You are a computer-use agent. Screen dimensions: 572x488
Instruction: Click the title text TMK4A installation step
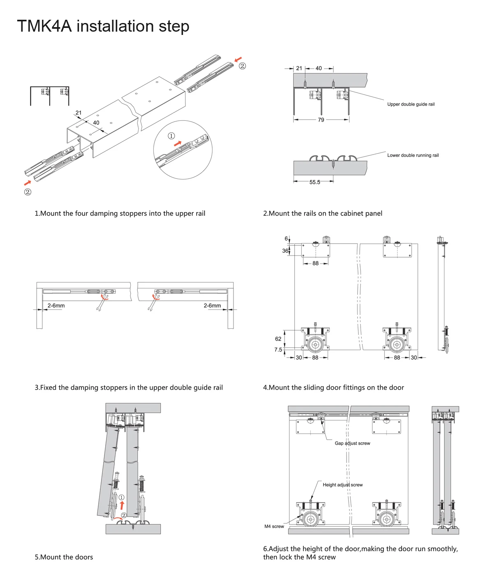(x=103, y=26)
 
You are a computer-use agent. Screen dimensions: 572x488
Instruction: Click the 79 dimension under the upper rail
(x=321, y=120)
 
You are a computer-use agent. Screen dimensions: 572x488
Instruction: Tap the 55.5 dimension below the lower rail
(x=315, y=182)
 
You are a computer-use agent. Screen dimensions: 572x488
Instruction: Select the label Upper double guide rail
(x=410, y=104)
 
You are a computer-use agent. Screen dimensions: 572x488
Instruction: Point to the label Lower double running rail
(x=413, y=155)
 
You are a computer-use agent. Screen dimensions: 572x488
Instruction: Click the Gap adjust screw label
(x=352, y=443)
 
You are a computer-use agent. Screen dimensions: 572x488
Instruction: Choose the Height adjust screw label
(x=342, y=485)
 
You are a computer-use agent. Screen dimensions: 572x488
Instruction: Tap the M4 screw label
(x=274, y=526)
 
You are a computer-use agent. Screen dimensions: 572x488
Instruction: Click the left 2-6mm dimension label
(x=56, y=306)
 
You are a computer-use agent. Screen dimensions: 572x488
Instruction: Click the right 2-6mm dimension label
(x=212, y=306)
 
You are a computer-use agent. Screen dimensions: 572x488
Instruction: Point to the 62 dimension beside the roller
(x=278, y=339)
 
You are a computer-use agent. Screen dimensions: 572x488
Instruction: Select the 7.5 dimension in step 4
(x=278, y=350)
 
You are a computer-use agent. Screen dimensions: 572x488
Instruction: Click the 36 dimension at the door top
(x=285, y=251)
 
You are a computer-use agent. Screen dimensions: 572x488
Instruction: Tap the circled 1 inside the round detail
(x=171, y=136)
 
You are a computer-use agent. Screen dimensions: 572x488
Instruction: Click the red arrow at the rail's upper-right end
(x=238, y=60)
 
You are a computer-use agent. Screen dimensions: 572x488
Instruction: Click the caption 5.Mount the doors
(x=64, y=557)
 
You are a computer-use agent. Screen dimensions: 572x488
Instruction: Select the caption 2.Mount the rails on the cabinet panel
(x=323, y=213)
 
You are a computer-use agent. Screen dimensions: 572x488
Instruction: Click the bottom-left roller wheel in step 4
(x=315, y=345)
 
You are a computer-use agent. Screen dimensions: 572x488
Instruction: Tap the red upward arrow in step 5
(x=122, y=505)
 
